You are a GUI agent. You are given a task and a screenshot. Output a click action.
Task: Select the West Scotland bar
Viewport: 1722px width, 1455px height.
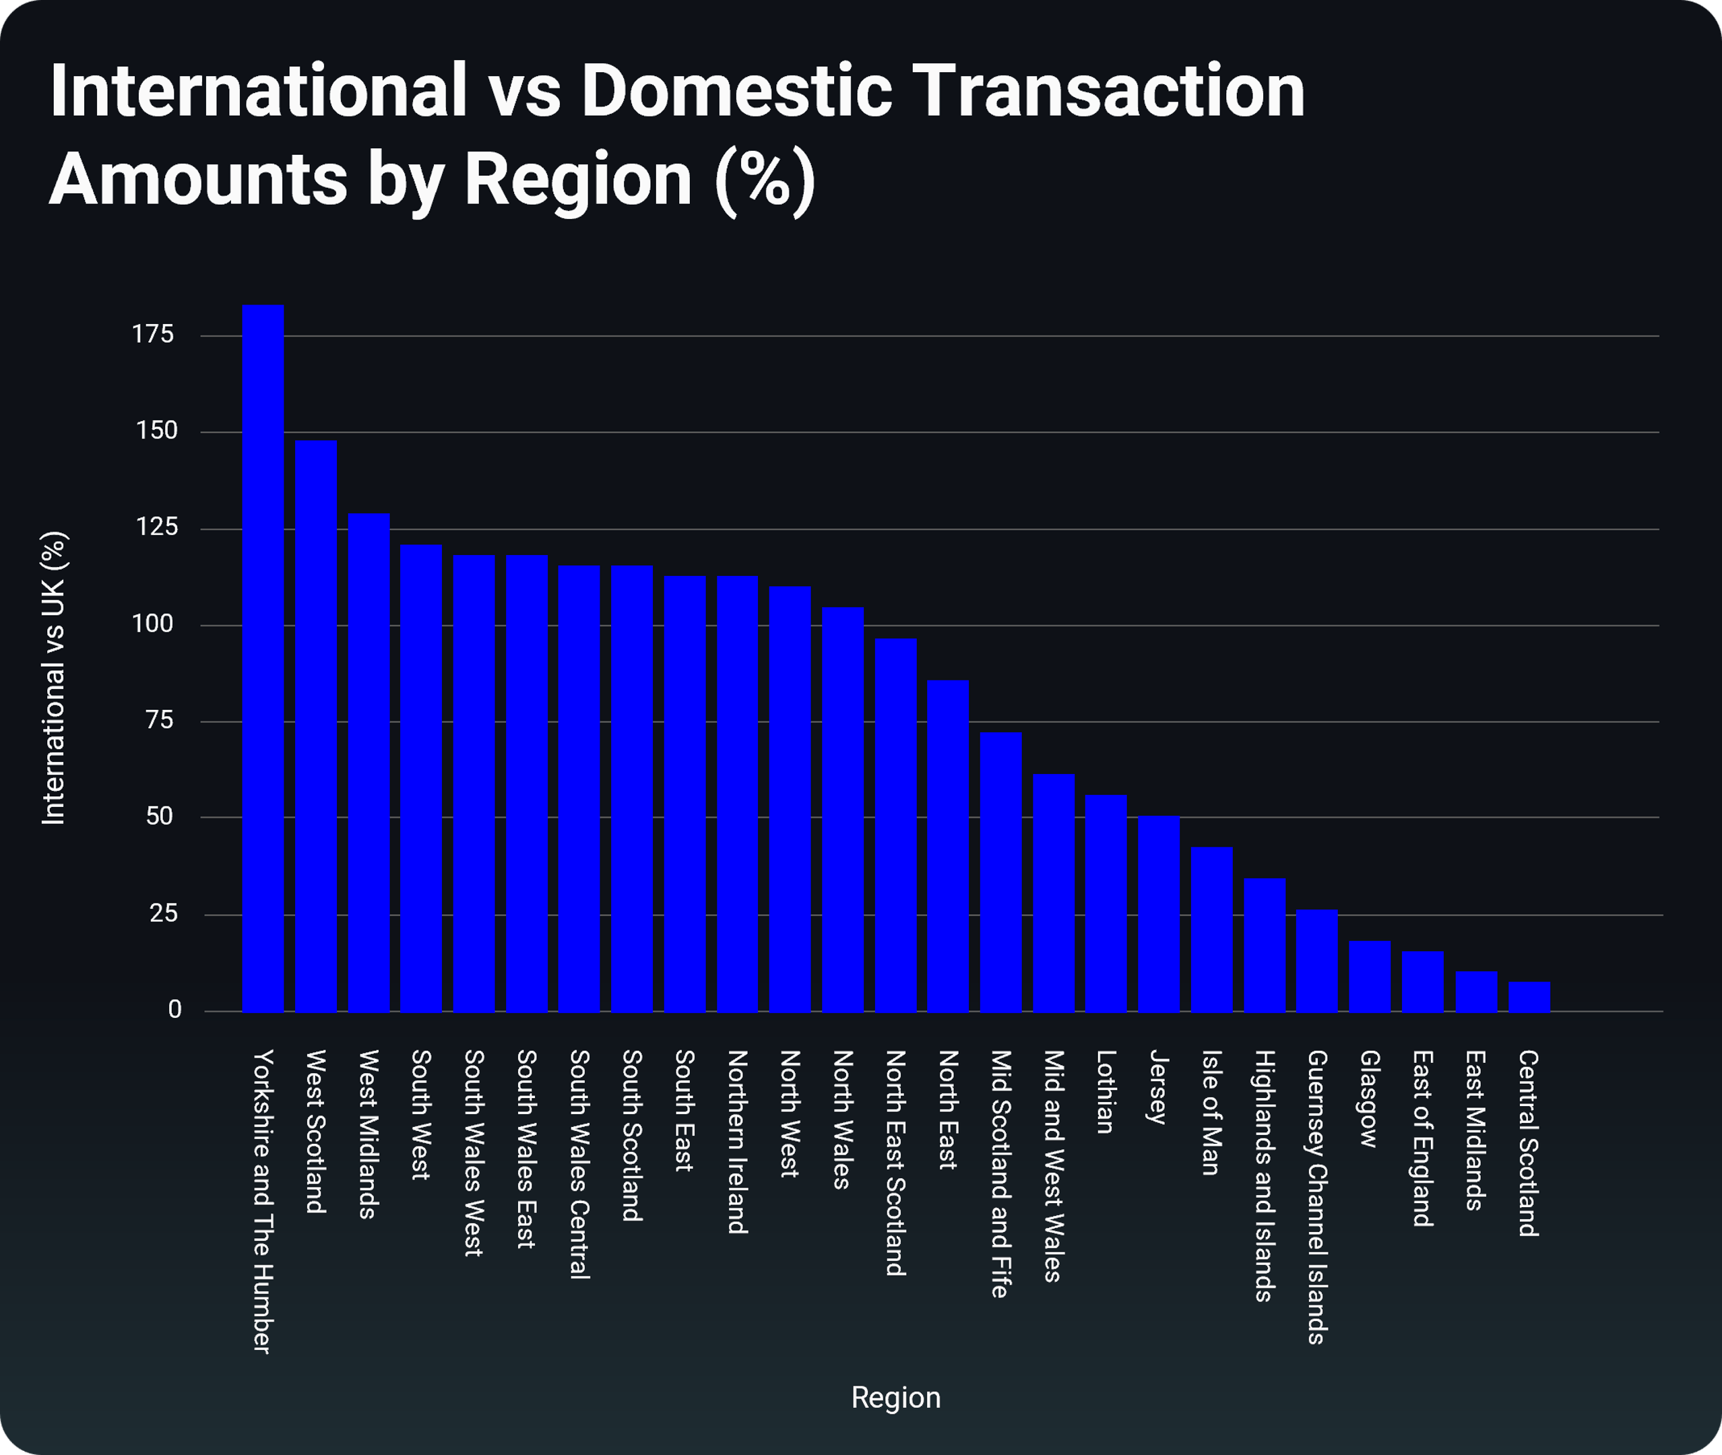315,726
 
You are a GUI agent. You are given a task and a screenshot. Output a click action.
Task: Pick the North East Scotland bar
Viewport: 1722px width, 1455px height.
895,825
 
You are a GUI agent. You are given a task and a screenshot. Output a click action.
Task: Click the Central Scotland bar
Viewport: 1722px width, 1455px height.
1529,996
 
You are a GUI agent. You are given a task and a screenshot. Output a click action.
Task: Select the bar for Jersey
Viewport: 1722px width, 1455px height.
1159,914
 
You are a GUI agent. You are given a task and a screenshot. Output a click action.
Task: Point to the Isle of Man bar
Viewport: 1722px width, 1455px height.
1211,930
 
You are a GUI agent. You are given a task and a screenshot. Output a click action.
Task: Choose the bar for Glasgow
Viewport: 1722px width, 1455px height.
1370,976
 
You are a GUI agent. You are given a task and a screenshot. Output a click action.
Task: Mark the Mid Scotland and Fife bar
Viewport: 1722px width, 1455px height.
1001,872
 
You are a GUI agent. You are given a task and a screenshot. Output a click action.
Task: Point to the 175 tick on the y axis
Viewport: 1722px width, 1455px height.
153,334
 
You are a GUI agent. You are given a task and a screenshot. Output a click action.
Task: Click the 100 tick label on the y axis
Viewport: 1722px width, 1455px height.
153,624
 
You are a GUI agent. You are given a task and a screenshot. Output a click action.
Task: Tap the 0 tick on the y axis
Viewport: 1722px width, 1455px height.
174,1010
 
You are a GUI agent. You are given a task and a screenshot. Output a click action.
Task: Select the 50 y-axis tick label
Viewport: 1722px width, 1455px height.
159,816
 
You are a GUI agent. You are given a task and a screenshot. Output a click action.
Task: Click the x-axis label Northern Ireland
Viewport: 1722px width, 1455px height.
737,1142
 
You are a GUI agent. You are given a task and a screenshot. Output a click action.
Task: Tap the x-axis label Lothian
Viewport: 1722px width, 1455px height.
1106,1092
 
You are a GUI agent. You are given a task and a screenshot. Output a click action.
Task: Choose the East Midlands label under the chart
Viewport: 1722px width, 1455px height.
1475,1131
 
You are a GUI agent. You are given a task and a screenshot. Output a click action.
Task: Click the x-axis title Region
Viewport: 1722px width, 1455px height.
895,1398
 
